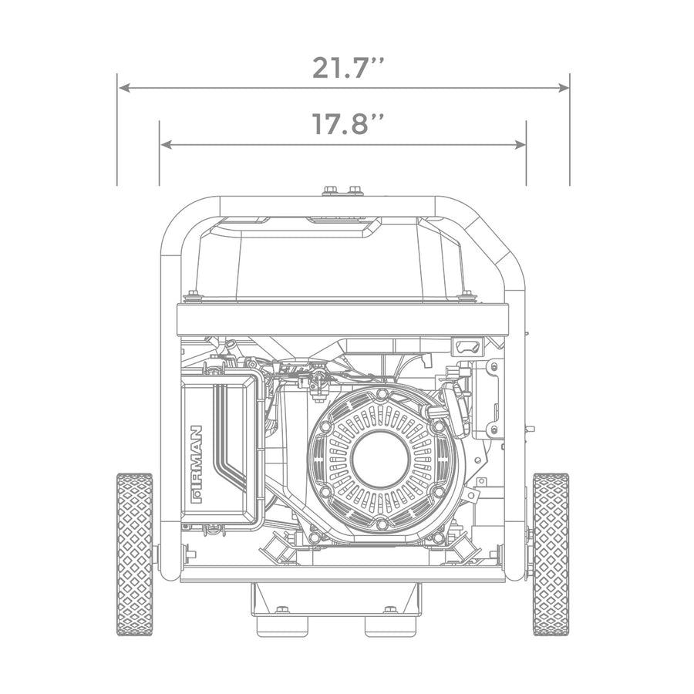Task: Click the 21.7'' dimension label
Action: tap(348, 69)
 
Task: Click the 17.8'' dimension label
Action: tap(348, 124)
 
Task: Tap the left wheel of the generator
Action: tap(134, 554)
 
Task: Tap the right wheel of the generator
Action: tap(551, 554)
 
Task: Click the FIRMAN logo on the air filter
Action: tap(195, 464)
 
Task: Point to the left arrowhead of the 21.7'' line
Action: tap(123, 88)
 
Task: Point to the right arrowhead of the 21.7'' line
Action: tap(564, 88)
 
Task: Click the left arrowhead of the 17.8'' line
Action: tap(166, 144)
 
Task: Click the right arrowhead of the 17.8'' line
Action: tap(520, 144)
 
